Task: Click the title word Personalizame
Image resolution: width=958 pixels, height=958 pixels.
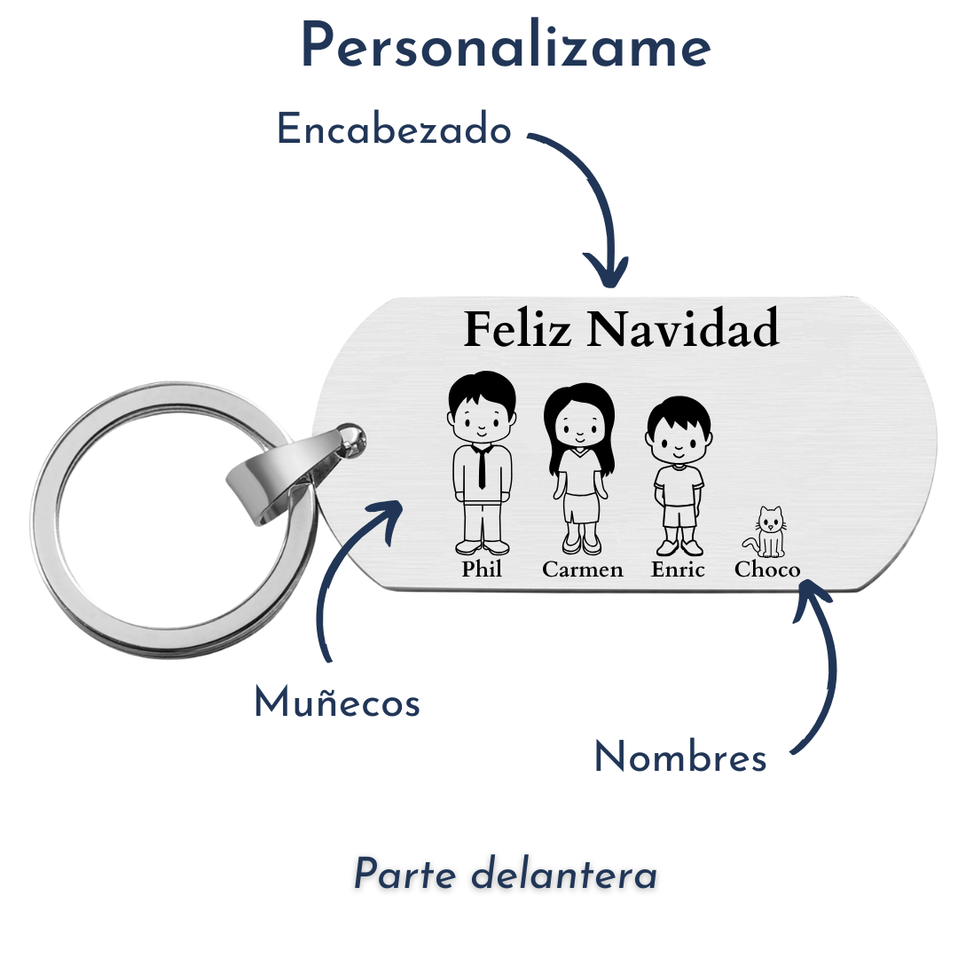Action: click(x=506, y=46)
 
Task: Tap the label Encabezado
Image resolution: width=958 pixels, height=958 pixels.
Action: click(x=394, y=129)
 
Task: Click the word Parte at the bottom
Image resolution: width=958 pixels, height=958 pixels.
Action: click(x=404, y=874)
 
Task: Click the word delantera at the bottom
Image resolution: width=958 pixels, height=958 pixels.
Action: click(x=564, y=874)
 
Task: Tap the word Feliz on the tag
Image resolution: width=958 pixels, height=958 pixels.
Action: click(x=517, y=329)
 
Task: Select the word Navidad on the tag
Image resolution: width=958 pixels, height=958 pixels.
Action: click(x=683, y=329)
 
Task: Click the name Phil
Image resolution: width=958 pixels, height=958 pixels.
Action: click(x=482, y=569)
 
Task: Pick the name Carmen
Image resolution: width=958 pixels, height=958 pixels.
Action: click(x=582, y=569)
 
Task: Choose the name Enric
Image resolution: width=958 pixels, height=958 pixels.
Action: click(x=678, y=569)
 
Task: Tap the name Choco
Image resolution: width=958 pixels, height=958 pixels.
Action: click(x=767, y=569)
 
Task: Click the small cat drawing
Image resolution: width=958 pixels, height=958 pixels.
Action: click(x=765, y=532)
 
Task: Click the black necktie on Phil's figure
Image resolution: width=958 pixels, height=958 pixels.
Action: click(x=482, y=467)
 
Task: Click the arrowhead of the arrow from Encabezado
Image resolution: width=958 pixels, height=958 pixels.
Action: click(x=606, y=272)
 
